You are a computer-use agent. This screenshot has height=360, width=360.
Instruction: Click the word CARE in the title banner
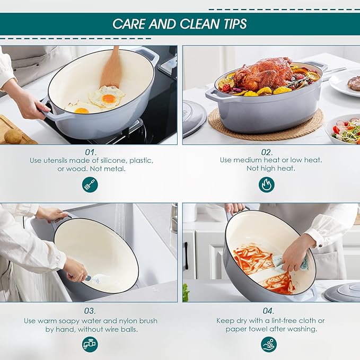(129, 24)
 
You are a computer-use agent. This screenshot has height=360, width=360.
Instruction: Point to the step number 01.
(91, 152)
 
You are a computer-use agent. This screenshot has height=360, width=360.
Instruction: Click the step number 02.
(267, 152)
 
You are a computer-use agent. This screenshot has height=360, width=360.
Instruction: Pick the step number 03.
(90, 311)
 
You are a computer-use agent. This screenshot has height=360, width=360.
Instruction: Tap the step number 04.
(268, 311)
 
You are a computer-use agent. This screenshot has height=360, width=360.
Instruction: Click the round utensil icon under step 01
(90, 185)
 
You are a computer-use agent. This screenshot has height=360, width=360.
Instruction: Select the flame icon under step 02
(267, 185)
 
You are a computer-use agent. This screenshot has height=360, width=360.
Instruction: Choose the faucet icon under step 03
(90, 344)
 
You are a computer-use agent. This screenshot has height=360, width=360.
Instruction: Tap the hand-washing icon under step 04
(269, 344)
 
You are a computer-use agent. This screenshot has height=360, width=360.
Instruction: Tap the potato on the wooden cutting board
(13, 137)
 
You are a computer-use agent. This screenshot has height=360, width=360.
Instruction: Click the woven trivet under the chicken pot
(266, 125)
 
